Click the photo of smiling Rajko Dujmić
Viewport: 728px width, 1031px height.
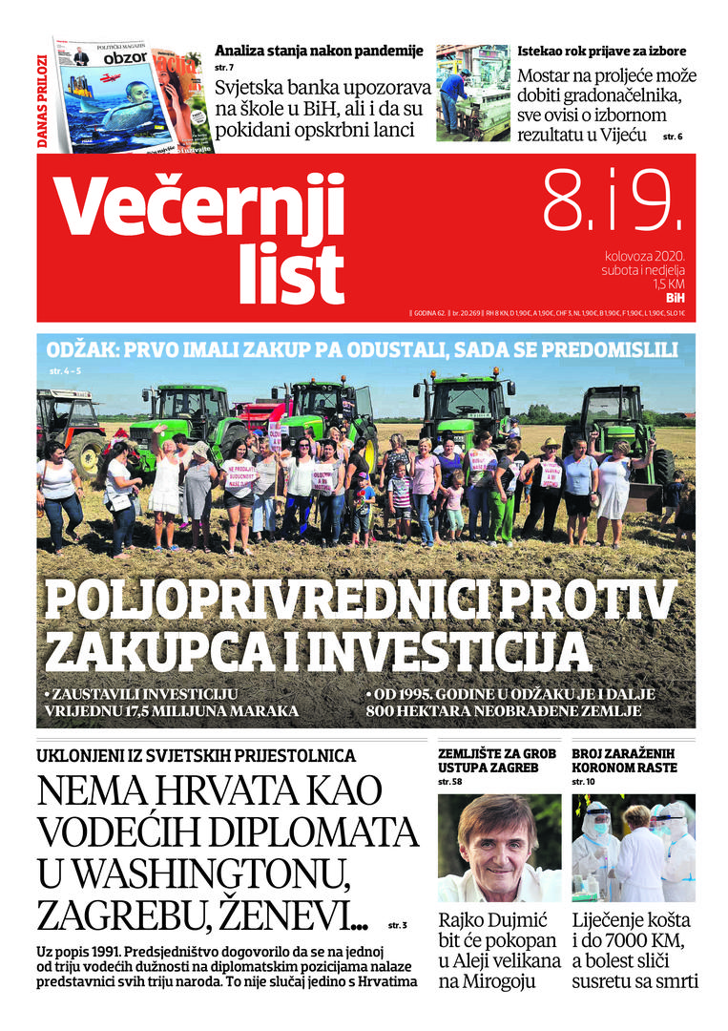(x=499, y=848)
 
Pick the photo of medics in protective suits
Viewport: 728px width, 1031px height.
(x=634, y=848)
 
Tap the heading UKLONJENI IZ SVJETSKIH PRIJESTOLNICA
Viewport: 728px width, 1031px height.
(x=196, y=756)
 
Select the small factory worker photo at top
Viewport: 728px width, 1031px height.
(x=472, y=92)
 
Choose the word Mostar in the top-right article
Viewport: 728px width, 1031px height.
(x=548, y=76)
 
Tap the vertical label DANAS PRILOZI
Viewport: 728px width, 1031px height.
(x=43, y=105)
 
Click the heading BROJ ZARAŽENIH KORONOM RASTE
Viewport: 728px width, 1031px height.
(x=624, y=760)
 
